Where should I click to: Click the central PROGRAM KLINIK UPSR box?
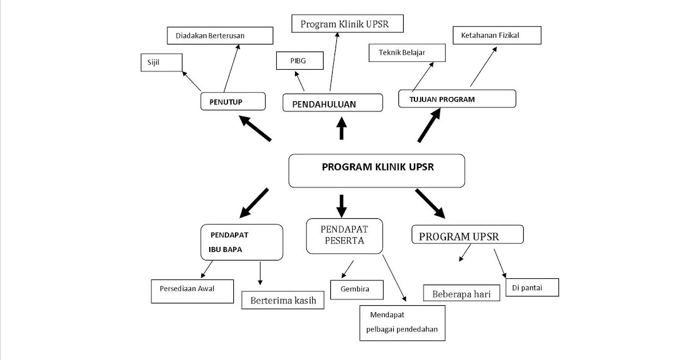(x=377, y=170)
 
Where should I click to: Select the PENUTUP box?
(x=233, y=101)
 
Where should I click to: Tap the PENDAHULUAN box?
(x=332, y=103)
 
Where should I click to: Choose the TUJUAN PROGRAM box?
(x=457, y=98)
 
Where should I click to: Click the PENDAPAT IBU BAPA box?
(x=242, y=242)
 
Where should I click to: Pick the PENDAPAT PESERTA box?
(x=345, y=235)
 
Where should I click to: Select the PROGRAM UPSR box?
(x=467, y=235)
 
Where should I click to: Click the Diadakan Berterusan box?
(x=219, y=35)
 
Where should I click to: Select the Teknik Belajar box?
(x=405, y=53)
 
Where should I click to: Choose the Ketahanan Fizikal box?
(x=497, y=35)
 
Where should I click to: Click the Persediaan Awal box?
(x=192, y=290)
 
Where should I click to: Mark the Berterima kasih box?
(x=283, y=301)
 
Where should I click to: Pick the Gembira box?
(x=354, y=289)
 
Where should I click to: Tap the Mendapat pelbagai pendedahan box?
(x=402, y=323)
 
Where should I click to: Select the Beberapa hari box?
(x=462, y=293)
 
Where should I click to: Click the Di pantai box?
(x=532, y=288)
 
